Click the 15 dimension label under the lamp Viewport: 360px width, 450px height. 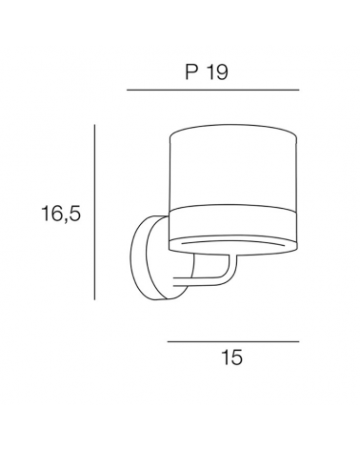tap(233, 358)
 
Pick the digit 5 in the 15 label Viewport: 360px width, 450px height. tap(239, 358)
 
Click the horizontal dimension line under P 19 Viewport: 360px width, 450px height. tap(212, 91)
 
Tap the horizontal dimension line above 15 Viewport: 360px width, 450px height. tap(233, 340)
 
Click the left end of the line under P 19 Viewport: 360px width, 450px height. tap(127, 91)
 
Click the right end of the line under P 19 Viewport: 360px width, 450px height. tap(298, 91)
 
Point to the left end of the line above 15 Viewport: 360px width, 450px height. tap(169, 340)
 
